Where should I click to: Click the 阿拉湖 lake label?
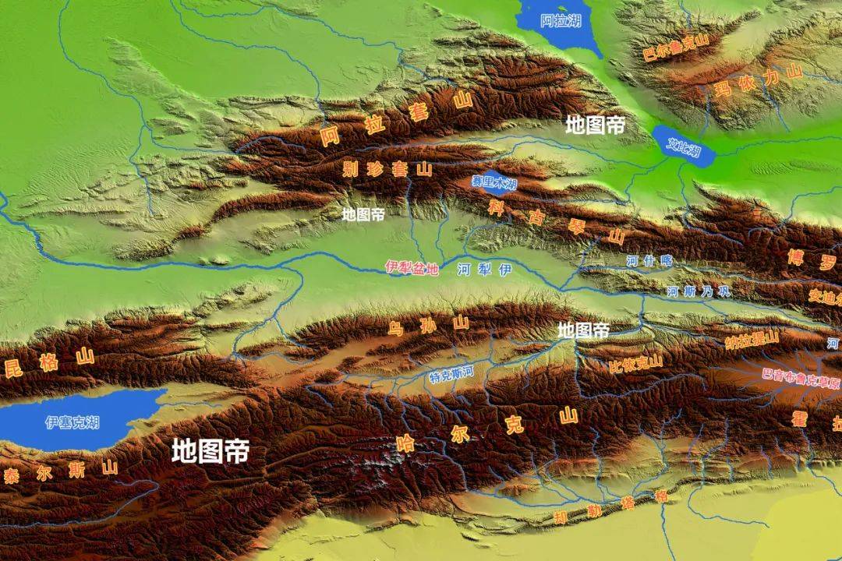tap(561, 21)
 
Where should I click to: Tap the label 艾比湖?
tap(685, 146)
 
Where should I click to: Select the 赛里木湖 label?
tap(494, 182)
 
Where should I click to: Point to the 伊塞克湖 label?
tap(73, 422)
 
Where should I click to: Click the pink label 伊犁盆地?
tap(412, 267)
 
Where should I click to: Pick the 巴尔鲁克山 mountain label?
tap(674, 48)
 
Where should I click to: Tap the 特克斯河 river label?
tap(451, 374)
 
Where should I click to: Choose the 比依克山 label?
tap(635, 362)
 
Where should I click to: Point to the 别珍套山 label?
tap(387, 169)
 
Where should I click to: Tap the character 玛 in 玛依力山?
tap(722, 90)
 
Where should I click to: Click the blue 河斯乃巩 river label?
tap(699, 291)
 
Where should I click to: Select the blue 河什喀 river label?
tap(649, 261)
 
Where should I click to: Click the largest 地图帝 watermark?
tap(210, 450)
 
